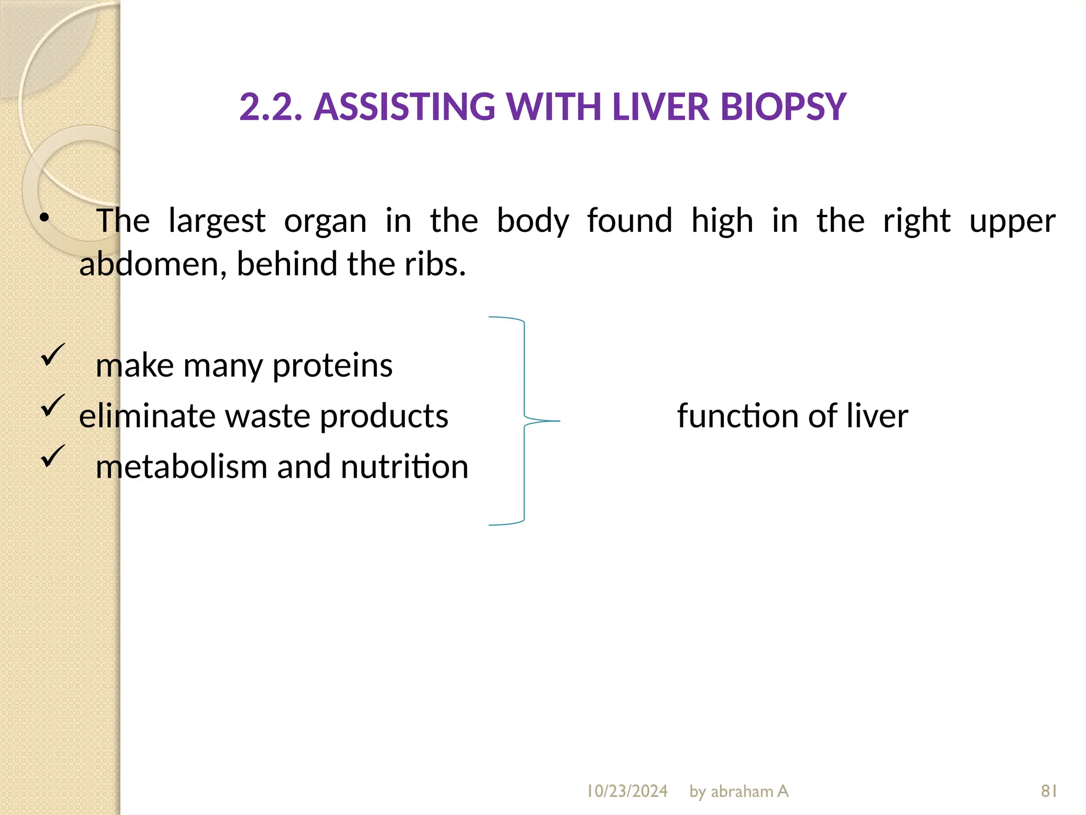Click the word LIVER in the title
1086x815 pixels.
click(x=660, y=107)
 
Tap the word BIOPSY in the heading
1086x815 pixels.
click(x=783, y=107)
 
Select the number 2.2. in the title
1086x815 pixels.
click(x=271, y=107)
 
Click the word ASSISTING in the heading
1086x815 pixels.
click(x=404, y=107)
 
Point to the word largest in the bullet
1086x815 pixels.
click(x=216, y=221)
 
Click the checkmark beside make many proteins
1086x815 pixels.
click(x=52, y=354)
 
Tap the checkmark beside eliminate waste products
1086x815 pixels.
click(x=52, y=405)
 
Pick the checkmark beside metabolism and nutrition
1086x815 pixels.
click(x=52, y=456)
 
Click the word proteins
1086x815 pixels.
click(x=332, y=366)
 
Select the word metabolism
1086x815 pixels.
click(x=181, y=467)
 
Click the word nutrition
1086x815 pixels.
click(x=405, y=467)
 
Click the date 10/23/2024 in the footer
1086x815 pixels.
click(x=627, y=791)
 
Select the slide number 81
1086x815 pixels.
click(x=1049, y=791)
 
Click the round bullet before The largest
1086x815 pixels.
click(x=45, y=218)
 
